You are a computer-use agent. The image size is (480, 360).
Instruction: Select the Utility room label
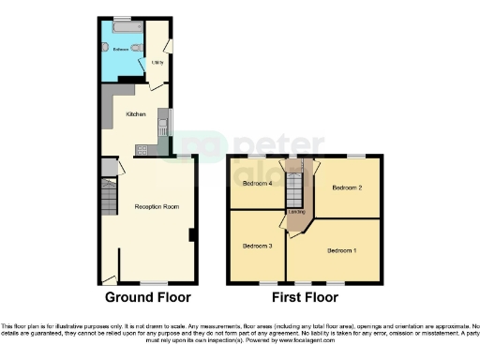pos(157,62)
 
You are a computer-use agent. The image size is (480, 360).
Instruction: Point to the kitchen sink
pos(162,120)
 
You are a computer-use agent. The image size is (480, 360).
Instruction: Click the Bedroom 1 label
pos(341,250)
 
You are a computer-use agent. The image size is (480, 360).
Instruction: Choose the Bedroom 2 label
pos(347,187)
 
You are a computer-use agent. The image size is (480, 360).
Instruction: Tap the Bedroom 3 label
pos(257,246)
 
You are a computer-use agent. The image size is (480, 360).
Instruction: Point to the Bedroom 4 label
pos(257,184)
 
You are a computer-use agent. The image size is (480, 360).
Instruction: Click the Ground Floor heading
pos(147,297)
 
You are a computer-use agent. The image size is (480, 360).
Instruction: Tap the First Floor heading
pos(305,297)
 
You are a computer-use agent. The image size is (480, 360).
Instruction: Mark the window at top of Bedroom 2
pos(356,156)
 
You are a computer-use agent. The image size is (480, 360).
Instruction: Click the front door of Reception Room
pos(110,278)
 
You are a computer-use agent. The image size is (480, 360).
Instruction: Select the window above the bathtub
pos(121,19)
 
